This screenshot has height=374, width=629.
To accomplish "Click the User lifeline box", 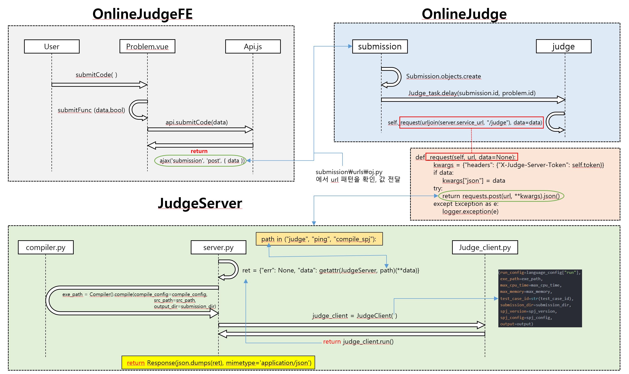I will pyautogui.click(x=52, y=46).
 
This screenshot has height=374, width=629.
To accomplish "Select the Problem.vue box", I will pyautogui.click(x=147, y=46).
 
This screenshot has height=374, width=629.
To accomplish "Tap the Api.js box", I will pyautogui.click(x=253, y=46).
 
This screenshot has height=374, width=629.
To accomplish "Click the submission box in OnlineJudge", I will pyautogui.click(x=379, y=46).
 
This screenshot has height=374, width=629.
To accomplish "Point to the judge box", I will pyautogui.click(x=563, y=46).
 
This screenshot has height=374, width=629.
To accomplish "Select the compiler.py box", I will pyautogui.click(x=46, y=247).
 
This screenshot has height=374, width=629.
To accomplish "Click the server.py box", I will pyautogui.click(x=218, y=247).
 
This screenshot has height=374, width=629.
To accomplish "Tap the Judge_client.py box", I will pyautogui.click(x=485, y=247).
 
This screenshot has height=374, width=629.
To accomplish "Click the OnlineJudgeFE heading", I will pyautogui.click(x=142, y=14).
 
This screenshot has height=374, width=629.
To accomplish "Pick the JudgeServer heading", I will pyautogui.click(x=200, y=203).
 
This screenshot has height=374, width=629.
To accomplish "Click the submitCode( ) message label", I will pyautogui.click(x=96, y=75).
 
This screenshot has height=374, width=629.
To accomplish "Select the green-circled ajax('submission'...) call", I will pyautogui.click(x=201, y=160).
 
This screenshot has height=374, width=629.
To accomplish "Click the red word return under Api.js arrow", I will pyautogui.click(x=199, y=151).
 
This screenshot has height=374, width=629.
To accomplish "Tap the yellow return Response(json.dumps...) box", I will pyautogui.click(x=218, y=362).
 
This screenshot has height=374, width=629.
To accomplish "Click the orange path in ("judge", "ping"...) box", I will pyautogui.click(x=319, y=239).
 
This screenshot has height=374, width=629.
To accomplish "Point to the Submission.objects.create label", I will pyautogui.click(x=443, y=76).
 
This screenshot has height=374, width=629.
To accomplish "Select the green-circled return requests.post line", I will pyautogui.click(x=501, y=196).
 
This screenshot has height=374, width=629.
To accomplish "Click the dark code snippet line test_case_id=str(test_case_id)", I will pyautogui.click(x=536, y=298).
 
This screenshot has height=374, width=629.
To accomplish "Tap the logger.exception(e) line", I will pyautogui.click(x=470, y=211).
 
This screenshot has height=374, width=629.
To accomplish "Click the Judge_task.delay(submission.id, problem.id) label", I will pyautogui.click(x=472, y=93).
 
